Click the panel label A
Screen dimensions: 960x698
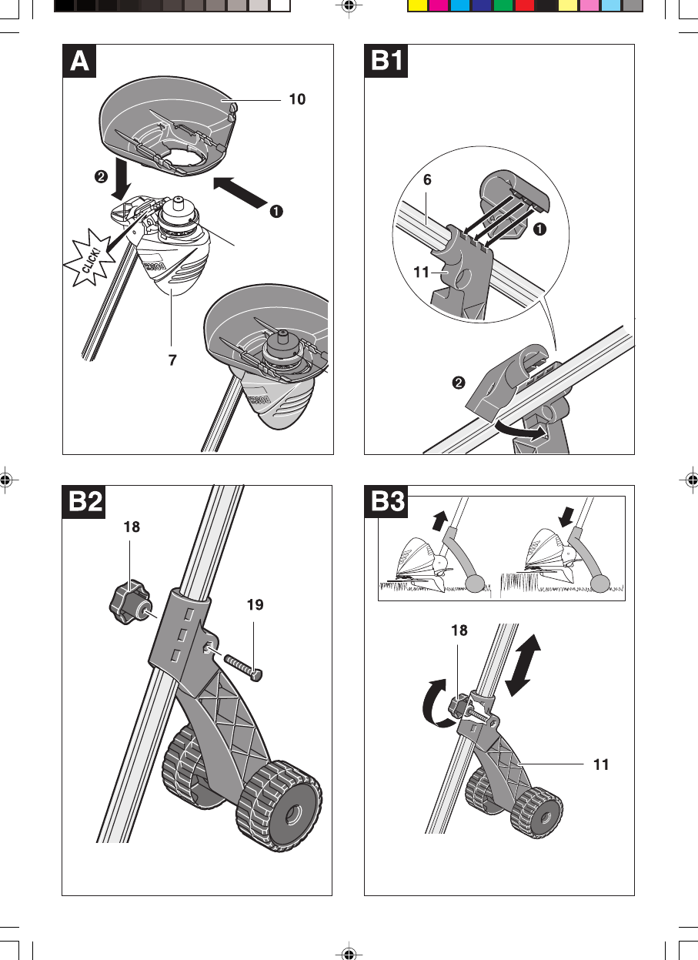(x=80, y=61)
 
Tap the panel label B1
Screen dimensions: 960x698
(x=386, y=61)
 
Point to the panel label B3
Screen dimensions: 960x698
(x=386, y=502)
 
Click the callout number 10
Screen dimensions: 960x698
(x=297, y=99)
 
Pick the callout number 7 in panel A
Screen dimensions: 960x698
(x=173, y=360)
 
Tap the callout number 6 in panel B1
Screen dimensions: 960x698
(x=426, y=180)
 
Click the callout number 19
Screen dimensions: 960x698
(x=255, y=605)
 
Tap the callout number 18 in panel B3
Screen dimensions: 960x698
(x=458, y=630)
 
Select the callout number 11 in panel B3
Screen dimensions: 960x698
(x=601, y=765)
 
